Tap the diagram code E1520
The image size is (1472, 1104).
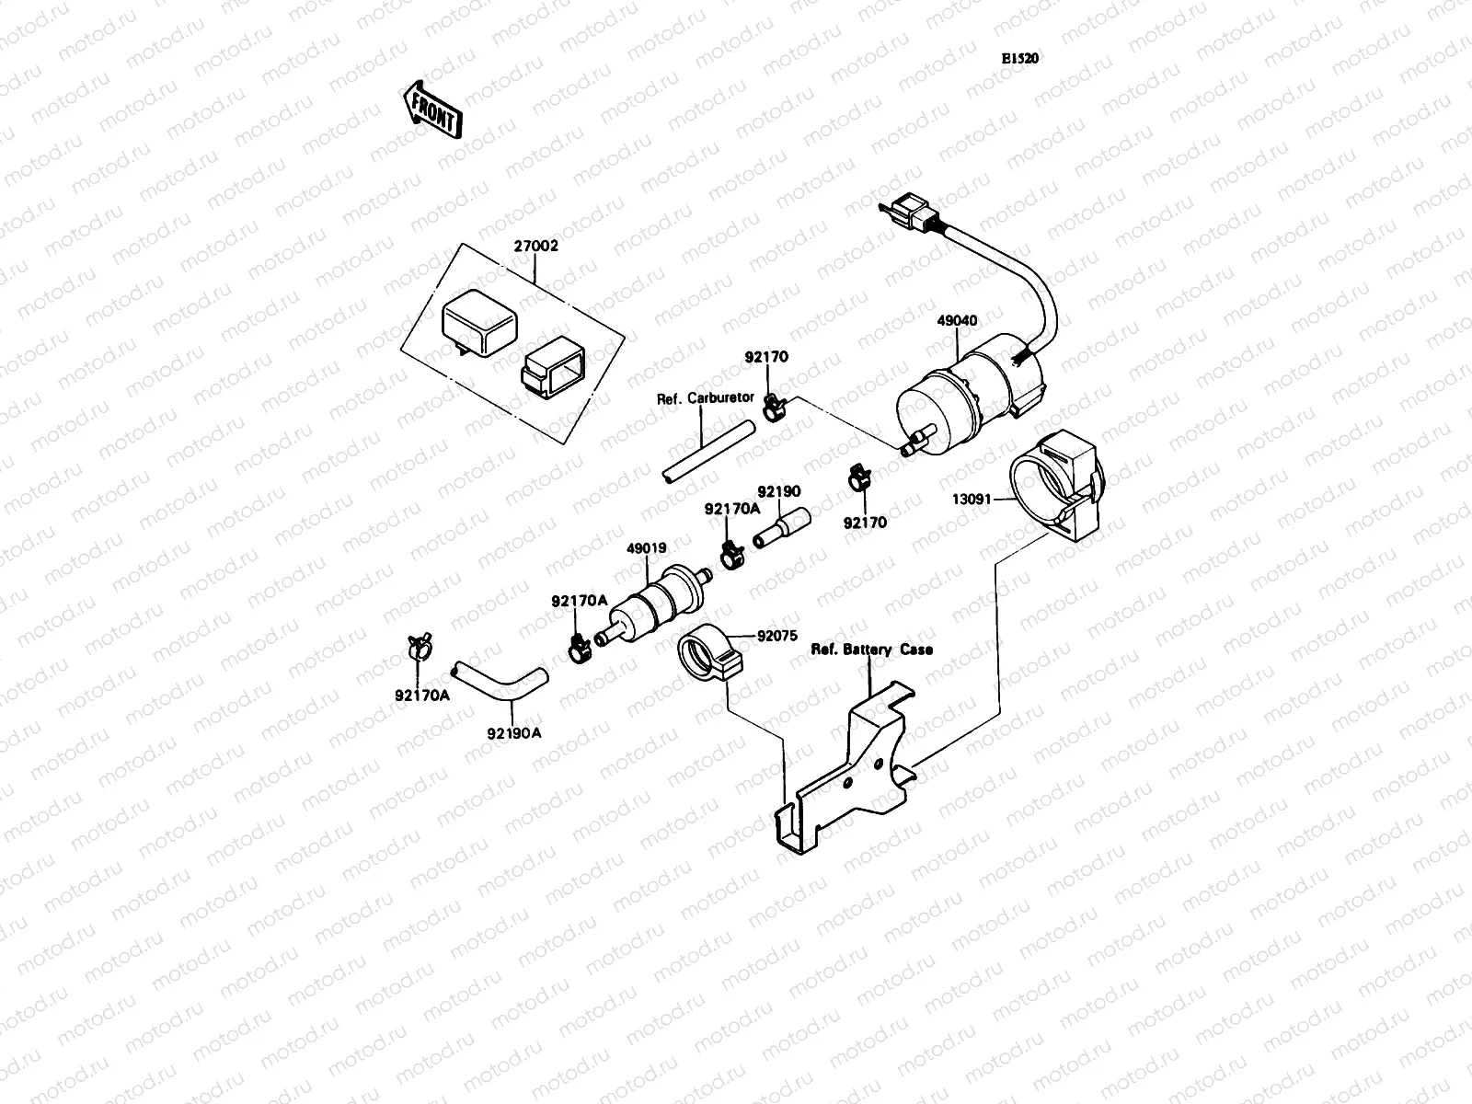[x=1020, y=58]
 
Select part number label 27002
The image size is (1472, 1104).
[x=536, y=247]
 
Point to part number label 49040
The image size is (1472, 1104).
[x=957, y=321]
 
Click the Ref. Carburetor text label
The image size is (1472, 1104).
[x=705, y=398]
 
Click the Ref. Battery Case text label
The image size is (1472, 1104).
[x=871, y=650]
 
